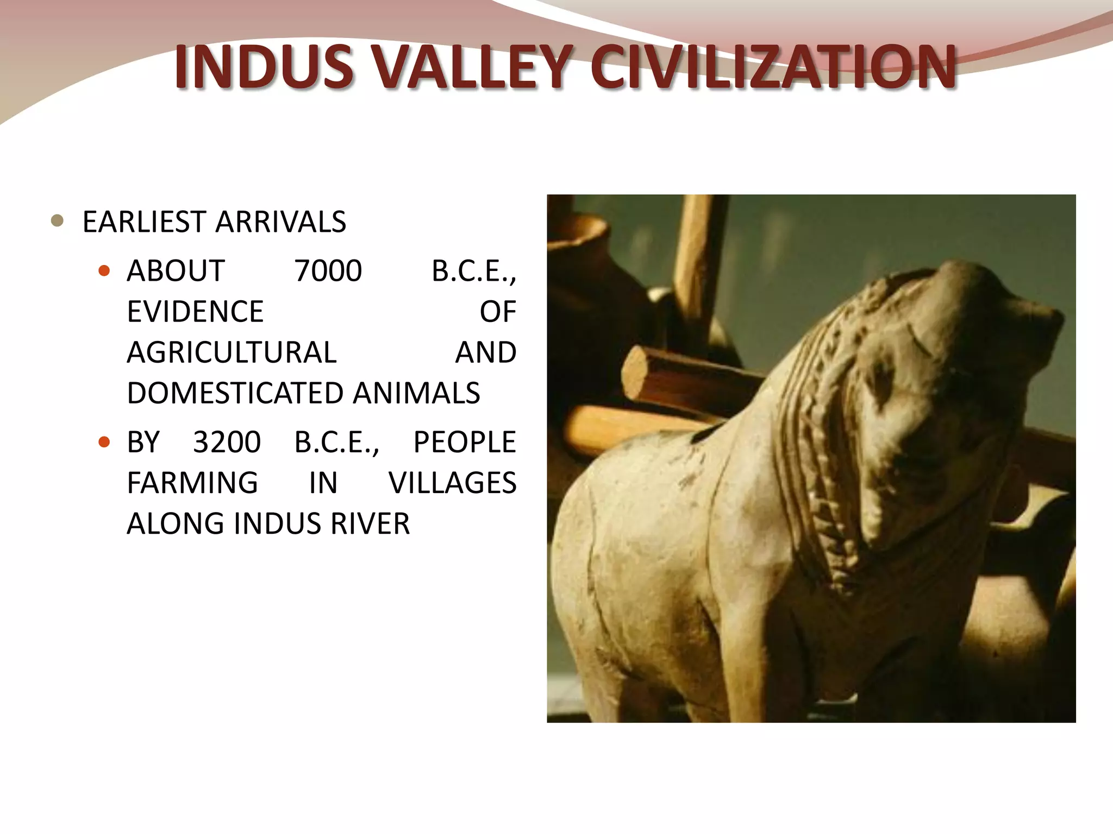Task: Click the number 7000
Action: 328,271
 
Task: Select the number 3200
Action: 227,442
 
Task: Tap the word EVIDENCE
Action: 195,312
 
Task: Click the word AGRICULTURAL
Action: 232,352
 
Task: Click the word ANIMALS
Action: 416,393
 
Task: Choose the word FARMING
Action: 192,483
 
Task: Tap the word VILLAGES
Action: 452,483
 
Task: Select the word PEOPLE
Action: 464,442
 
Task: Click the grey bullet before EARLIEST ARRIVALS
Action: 57,221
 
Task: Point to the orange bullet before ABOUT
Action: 104,270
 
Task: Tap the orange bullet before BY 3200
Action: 104,441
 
